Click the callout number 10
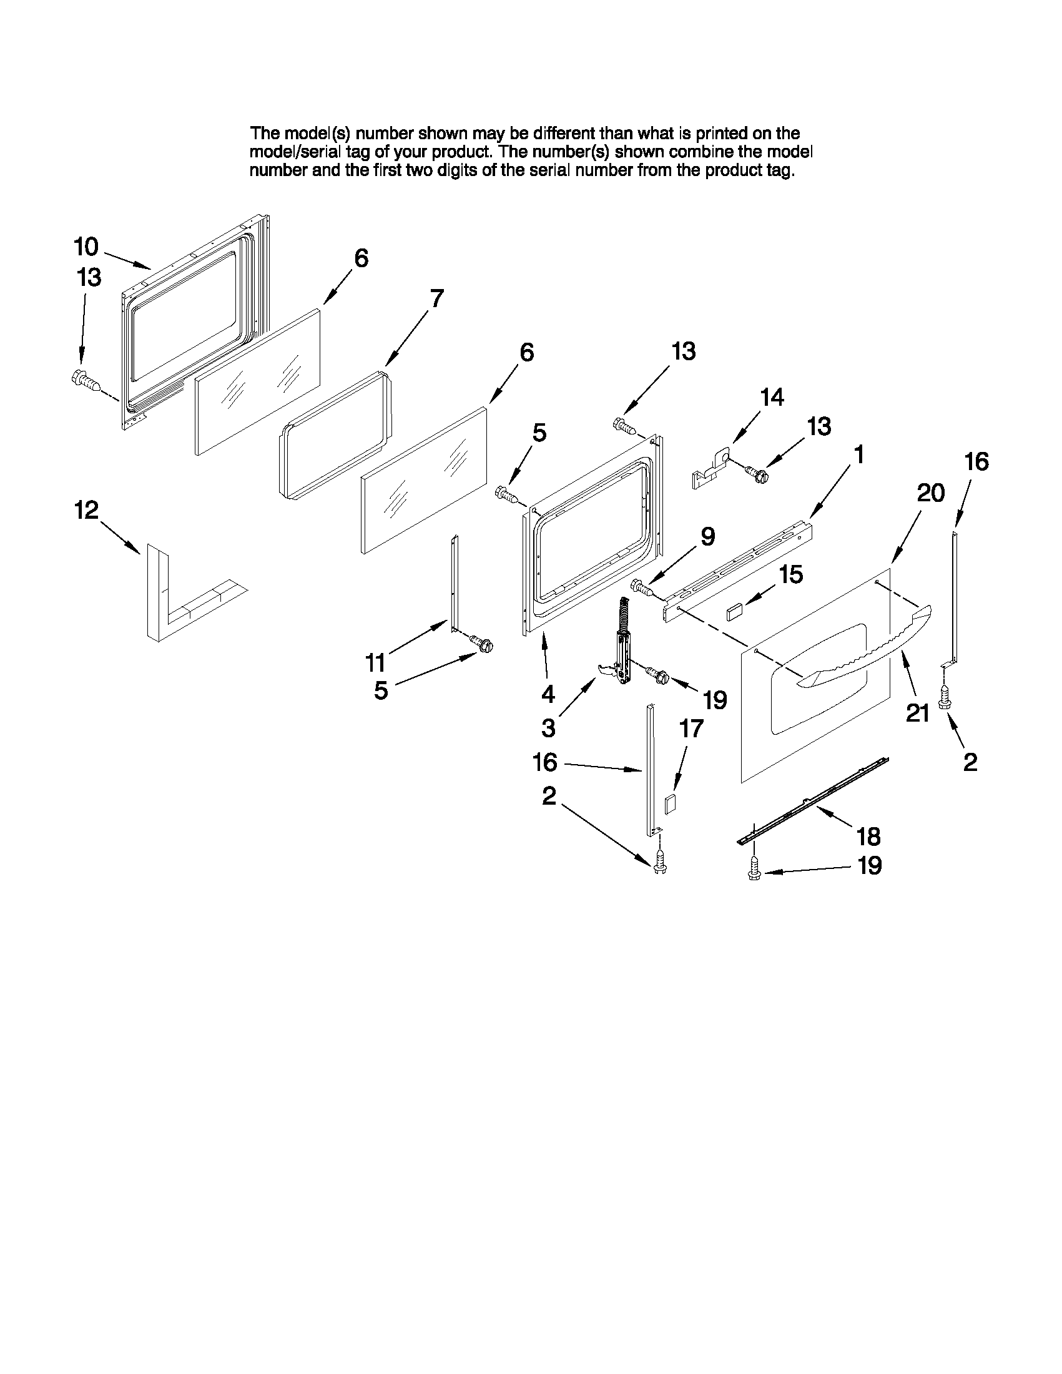click(x=86, y=247)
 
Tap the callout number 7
click(x=436, y=298)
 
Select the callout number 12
click(x=87, y=510)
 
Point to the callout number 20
click(x=930, y=493)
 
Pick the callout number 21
click(x=918, y=713)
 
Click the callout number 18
click(x=868, y=837)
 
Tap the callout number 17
click(x=691, y=729)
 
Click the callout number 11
click(x=376, y=662)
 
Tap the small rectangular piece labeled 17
click(x=670, y=805)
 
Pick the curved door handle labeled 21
click(x=868, y=648)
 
